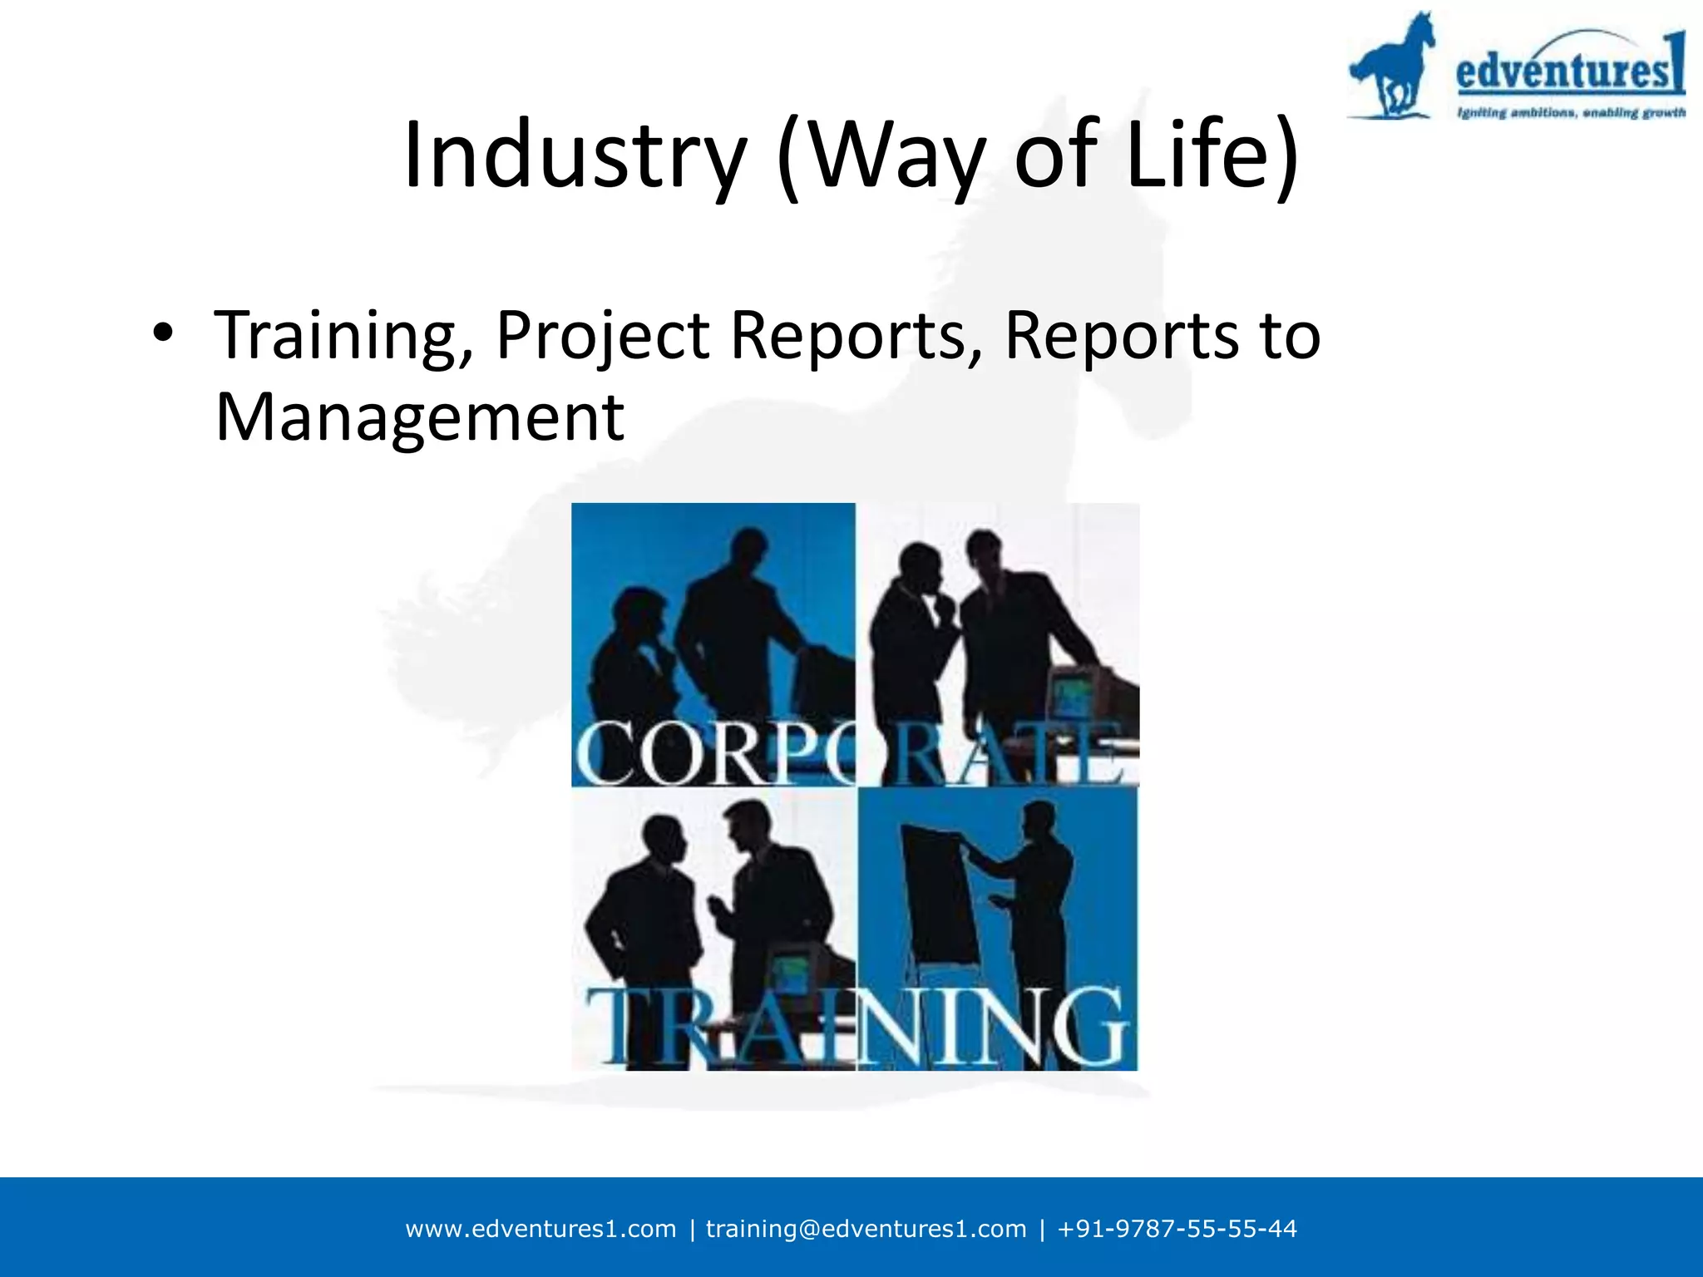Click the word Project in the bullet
pyautogui.click(x=603, y=337)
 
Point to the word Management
pyautogui.click(x=419, y=417)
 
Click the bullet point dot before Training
pyautogui.click(x=163, y=333)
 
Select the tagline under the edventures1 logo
pyautogui.click(x=1570, y=112)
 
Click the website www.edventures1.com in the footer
pyautogui.click(x=541, y=1229)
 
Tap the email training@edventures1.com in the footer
pyautogui.click(x=866, y=1229)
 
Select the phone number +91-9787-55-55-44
pyautogui.click(x=1177, y=1229)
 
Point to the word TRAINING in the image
pyautogui.click(x=856, y=1028)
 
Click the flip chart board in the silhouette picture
pyautogui.click(x=940, y=898)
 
